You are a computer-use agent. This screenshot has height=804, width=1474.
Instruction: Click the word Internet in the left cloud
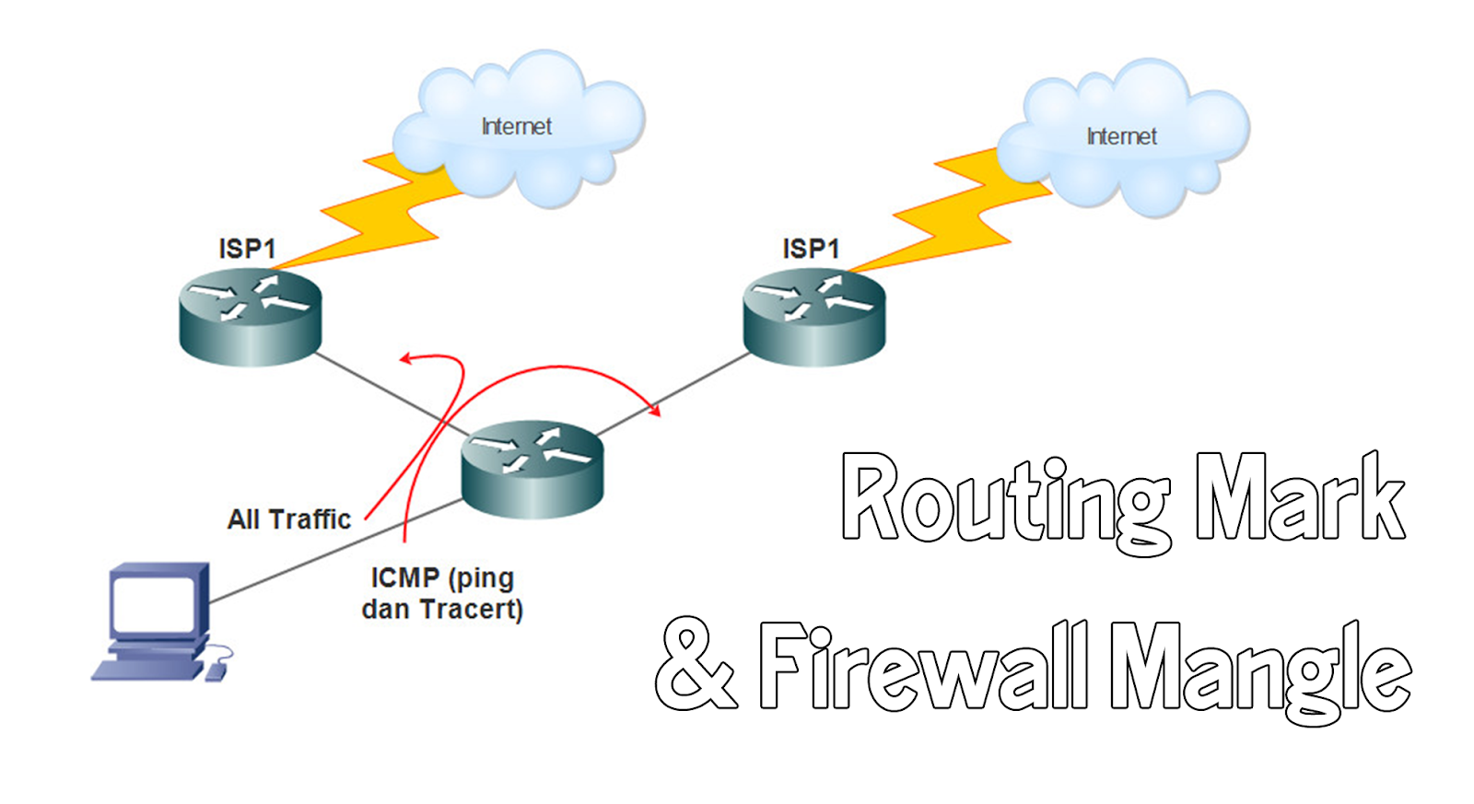(516, 127)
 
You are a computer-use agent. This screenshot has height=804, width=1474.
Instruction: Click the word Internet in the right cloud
(1121, 137)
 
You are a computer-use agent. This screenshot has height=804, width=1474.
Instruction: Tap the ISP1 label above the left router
(247, 249)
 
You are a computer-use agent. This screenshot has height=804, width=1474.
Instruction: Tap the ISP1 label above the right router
(811, 249)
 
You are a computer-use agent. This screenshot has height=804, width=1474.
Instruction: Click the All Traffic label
(289, 519)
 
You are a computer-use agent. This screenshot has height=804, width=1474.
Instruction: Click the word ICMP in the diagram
(404, 577)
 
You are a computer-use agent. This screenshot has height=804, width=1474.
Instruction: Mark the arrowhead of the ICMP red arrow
(656, 410)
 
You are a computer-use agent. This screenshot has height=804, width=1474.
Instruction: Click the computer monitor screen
(153, 604)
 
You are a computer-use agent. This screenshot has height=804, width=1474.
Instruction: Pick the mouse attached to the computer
(216, 672)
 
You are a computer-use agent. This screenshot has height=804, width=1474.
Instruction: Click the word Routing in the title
(1004, 502)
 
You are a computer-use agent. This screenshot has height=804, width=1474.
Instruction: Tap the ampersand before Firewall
(696, 665)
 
